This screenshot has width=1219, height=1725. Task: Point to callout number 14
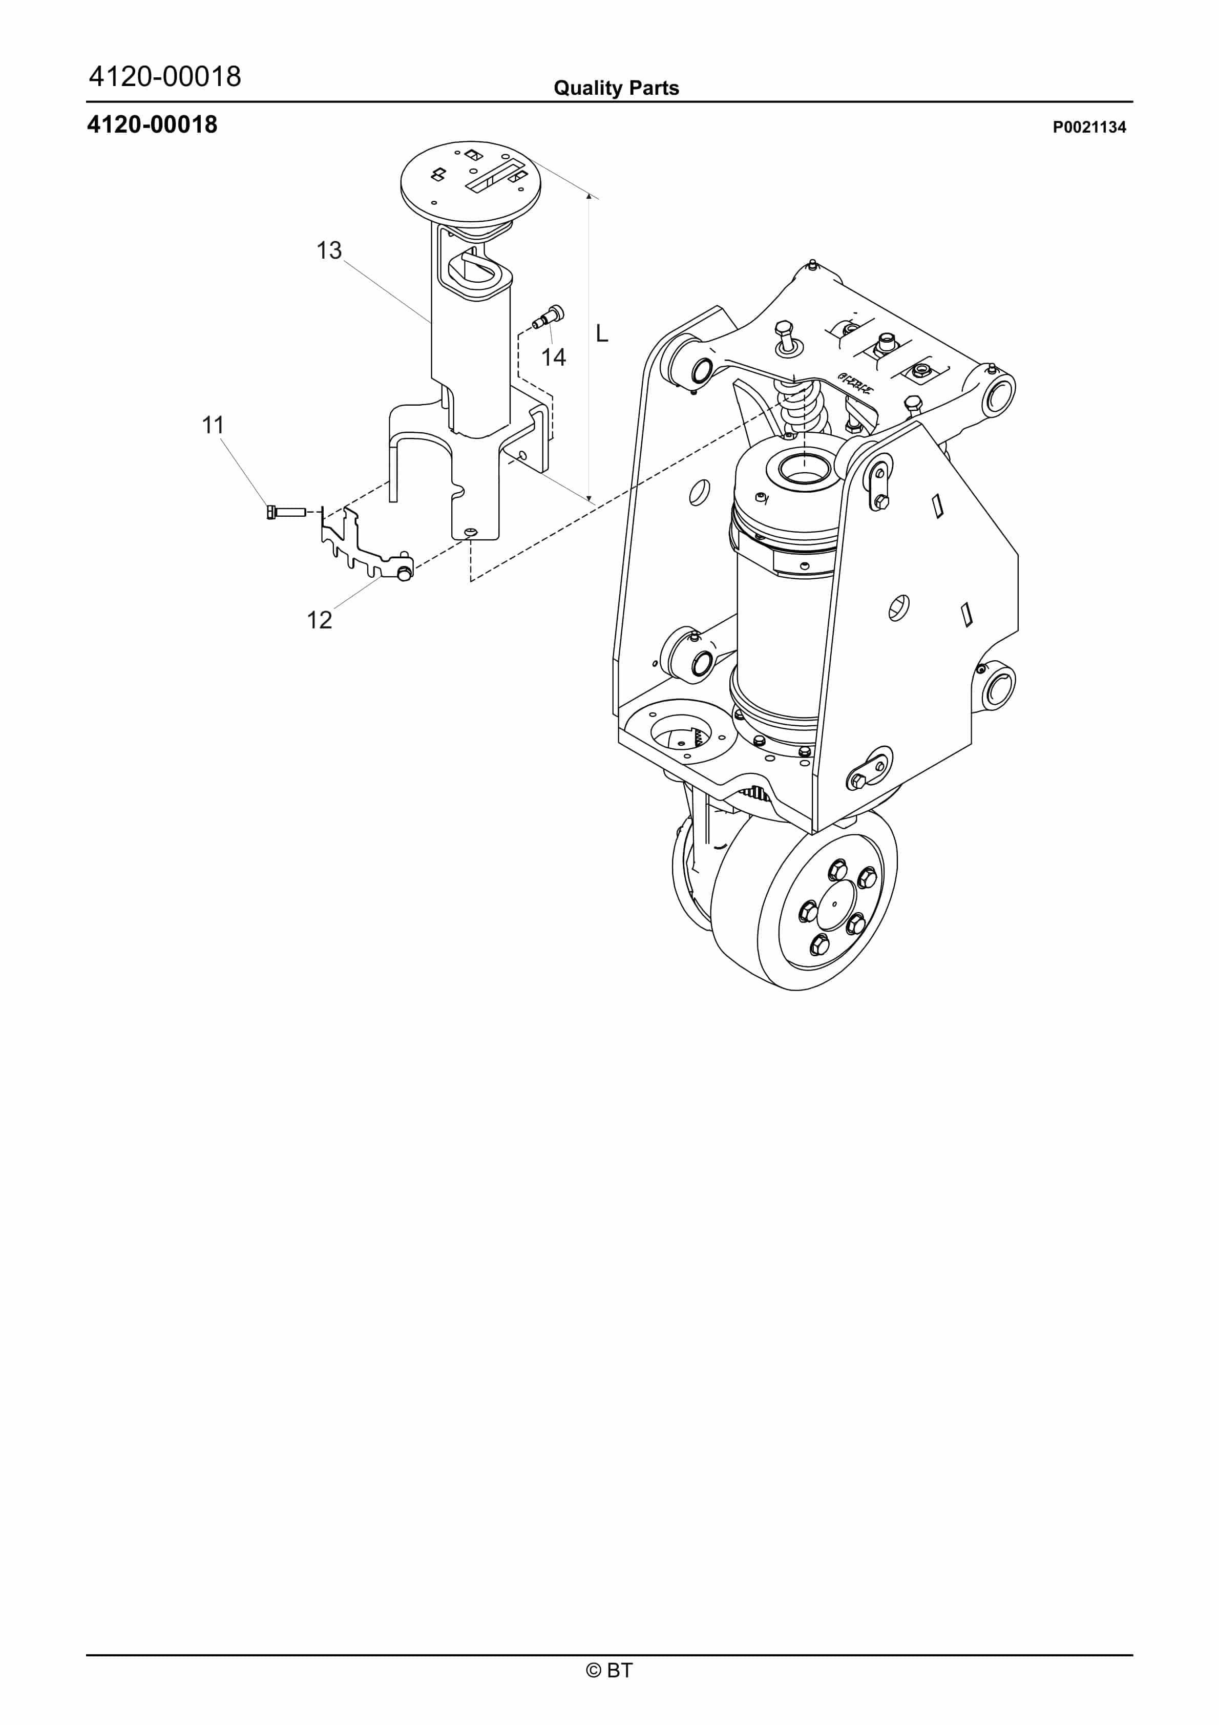click(x=553, y=357)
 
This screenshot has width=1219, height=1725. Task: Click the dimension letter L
click(x=601, y=333)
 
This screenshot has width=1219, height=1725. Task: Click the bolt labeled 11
click(x=286, y=512)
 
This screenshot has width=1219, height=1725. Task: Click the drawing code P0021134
click(x=1088, y=127)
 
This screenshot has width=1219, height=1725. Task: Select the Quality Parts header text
click(x=616, y=88)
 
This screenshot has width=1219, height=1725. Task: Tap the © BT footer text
click(x=609, y=1670)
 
